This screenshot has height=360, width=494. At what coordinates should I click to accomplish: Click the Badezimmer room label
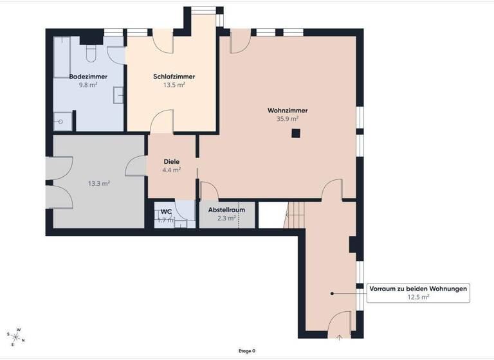pos(88,76)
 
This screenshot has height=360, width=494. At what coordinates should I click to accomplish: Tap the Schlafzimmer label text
pos(174,76)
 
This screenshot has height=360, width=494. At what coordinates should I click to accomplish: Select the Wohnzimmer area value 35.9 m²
pos(287,118)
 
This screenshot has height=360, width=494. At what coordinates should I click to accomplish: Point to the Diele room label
pos(171,161)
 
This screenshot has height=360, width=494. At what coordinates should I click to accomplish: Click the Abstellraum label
pos(226,210)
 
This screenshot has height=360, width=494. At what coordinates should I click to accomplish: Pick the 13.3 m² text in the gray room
pos(98,183)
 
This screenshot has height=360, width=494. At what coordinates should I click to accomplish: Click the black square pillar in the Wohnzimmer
pos(295,134)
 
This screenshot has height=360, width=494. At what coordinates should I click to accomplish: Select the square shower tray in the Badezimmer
pos(62,120)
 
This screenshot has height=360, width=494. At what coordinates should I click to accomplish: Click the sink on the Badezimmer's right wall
pos(119,95)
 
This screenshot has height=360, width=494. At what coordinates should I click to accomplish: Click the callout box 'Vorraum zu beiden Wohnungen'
pos(417,292)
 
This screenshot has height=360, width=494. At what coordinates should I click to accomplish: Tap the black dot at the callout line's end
pos(333,293)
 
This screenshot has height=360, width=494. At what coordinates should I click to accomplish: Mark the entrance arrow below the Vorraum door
pos(339,336)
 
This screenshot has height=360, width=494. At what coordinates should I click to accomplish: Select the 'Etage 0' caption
pos(246,351)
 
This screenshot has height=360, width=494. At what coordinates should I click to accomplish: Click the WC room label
pos(166,212)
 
